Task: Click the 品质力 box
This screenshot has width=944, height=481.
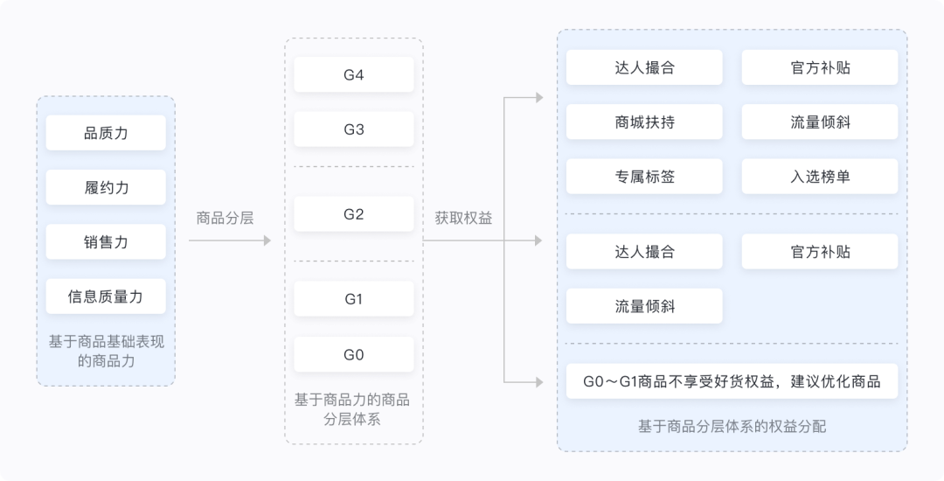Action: click(106, 133)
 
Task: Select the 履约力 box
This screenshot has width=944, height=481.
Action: click(106, 187)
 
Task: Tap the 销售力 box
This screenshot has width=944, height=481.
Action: click(106, 241)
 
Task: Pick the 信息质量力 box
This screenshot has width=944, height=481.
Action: click(106, 296)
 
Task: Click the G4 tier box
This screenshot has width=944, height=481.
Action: click(353, 75)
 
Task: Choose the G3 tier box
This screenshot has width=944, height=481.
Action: click(353, 129)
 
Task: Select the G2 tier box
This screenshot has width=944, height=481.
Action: click(353, 214)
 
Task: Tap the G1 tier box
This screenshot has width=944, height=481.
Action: click(353, 299)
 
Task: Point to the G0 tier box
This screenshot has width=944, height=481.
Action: click(353, 354)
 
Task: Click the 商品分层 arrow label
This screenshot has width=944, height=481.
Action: click(226, 218)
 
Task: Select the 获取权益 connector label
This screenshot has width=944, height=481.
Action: click(463, 218)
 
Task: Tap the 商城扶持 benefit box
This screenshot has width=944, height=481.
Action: click(644, 122)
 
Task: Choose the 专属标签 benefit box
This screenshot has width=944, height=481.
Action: click(644, 177)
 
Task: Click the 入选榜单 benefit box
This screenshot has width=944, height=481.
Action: click(820, 177)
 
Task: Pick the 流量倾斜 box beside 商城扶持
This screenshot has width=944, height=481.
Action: click(820, 122)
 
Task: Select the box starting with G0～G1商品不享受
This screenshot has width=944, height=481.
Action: click(732, 381)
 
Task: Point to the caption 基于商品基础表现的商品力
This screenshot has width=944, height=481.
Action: click(106, 351)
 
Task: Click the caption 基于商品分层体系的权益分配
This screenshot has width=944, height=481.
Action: click(732, 427)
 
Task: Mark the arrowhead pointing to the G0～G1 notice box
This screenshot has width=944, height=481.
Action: click(539, 381)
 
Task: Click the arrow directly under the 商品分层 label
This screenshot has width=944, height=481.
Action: click(229, 240)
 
